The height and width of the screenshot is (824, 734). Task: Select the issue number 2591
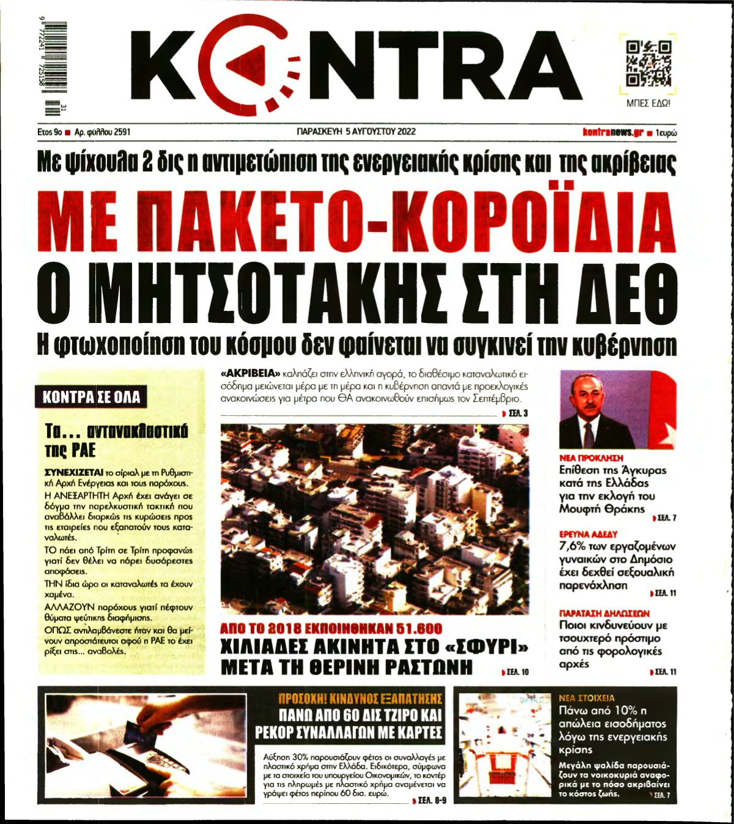pyautogui.click(x=119, y=132)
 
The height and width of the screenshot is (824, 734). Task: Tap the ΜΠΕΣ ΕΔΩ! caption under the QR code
pyautogui.click(x=648, y=103)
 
